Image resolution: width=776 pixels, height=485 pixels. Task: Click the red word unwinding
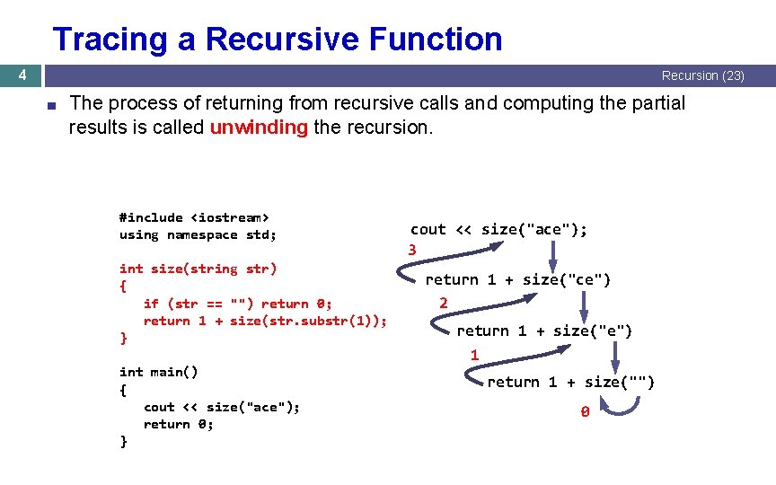point(259,128)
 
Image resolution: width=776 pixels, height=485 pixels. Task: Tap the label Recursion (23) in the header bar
point(702,75)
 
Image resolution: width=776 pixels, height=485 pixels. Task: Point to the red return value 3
point(412,250)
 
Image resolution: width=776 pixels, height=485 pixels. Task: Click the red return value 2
point(444,303)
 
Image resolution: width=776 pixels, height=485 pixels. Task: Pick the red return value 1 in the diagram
point(474,355)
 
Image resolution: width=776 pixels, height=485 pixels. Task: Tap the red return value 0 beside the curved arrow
point(584,412)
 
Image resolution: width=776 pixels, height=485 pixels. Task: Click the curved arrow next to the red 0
point(620,409)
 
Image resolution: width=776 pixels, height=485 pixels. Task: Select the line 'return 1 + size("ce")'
point(518,279)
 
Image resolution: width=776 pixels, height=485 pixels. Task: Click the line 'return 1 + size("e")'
point(544,331)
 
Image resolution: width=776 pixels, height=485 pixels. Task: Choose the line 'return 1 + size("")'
point(571,383)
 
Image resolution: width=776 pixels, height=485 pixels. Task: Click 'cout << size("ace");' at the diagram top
point(499,230)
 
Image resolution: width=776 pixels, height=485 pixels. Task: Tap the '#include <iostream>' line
point(194,217)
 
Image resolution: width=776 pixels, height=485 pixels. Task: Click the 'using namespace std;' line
point(198,234)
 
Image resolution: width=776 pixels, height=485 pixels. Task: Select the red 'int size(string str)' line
point(198,269)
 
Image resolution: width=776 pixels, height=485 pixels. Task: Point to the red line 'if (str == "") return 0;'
point(237,304)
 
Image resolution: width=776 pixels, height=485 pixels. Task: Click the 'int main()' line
point(159,372)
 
